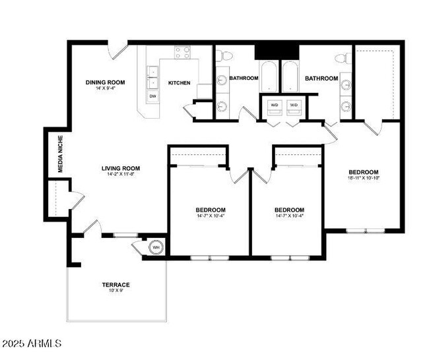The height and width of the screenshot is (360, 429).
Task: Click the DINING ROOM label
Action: (x=106, y=82)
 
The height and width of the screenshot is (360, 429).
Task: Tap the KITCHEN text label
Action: (x=180, y=83)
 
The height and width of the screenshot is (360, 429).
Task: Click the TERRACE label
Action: (x=115, y=285)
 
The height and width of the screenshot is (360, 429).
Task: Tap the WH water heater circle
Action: (x=157, y=248)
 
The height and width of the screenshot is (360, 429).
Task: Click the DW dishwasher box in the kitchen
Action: (x=152, y=97)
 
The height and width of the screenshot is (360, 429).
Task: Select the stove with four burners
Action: (x=183, y=52)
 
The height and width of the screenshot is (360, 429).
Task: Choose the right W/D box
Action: (x=294, y=105)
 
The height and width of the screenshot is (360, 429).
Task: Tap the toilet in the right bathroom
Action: (x=343, y=58)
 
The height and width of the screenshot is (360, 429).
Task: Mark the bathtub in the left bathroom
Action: (x=269, y=77)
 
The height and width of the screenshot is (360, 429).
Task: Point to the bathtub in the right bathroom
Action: (x=290, y=77)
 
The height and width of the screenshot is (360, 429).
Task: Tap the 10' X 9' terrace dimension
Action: (x=115, y=291)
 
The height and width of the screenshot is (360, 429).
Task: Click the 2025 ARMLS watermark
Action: (x=32, y=344)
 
